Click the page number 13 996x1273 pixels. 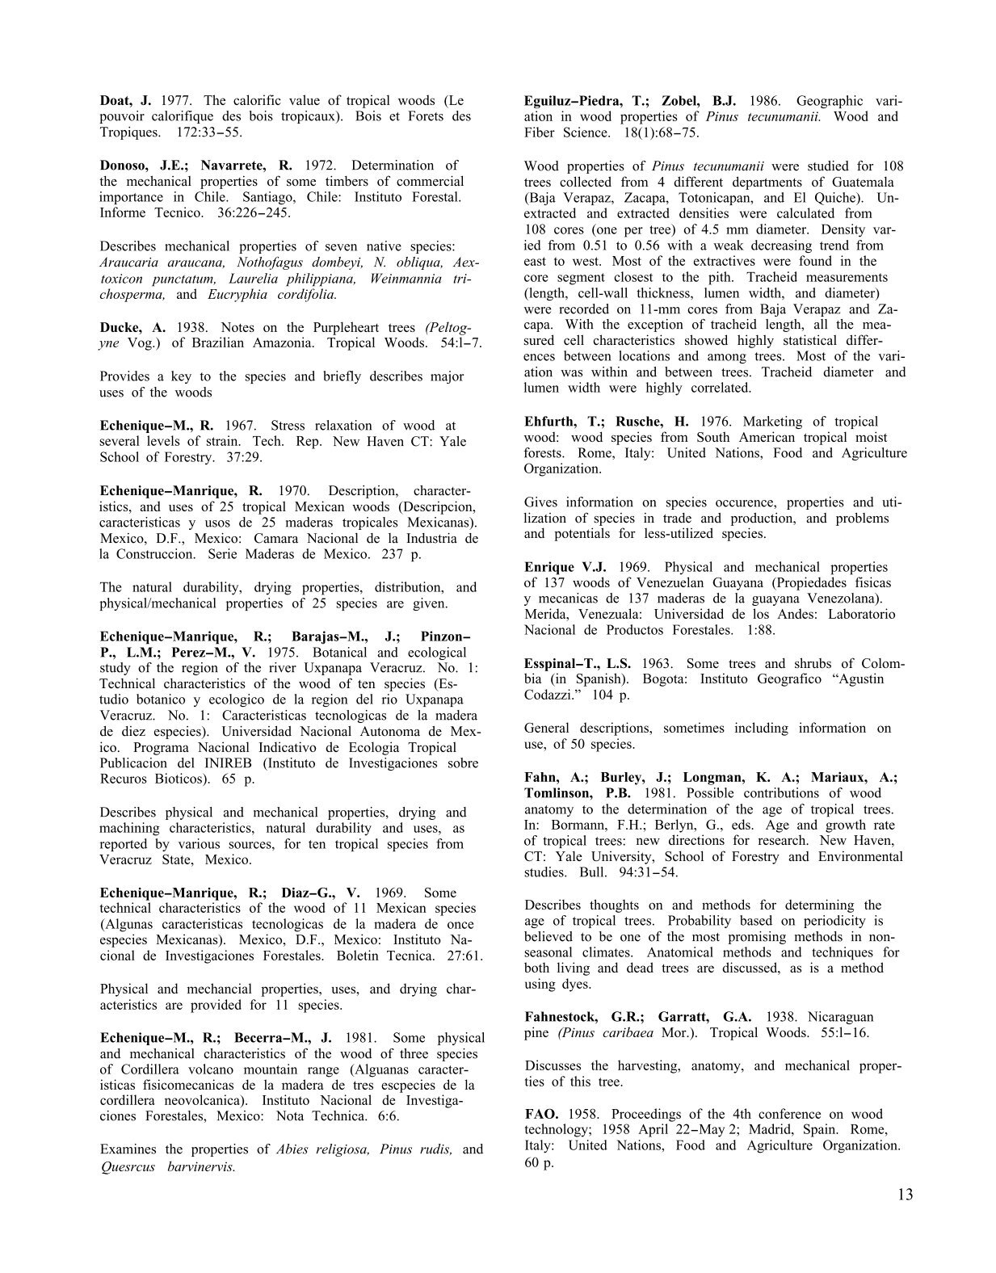tap(905, 1194)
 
